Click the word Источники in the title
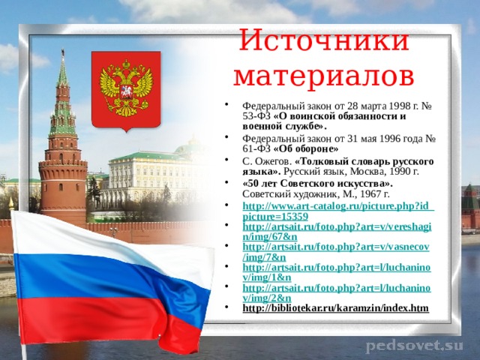(x=325, y=38)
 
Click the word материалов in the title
(x=325, y=74)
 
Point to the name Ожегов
(x=272, y=161)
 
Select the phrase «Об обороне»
(x=297, y=149)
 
